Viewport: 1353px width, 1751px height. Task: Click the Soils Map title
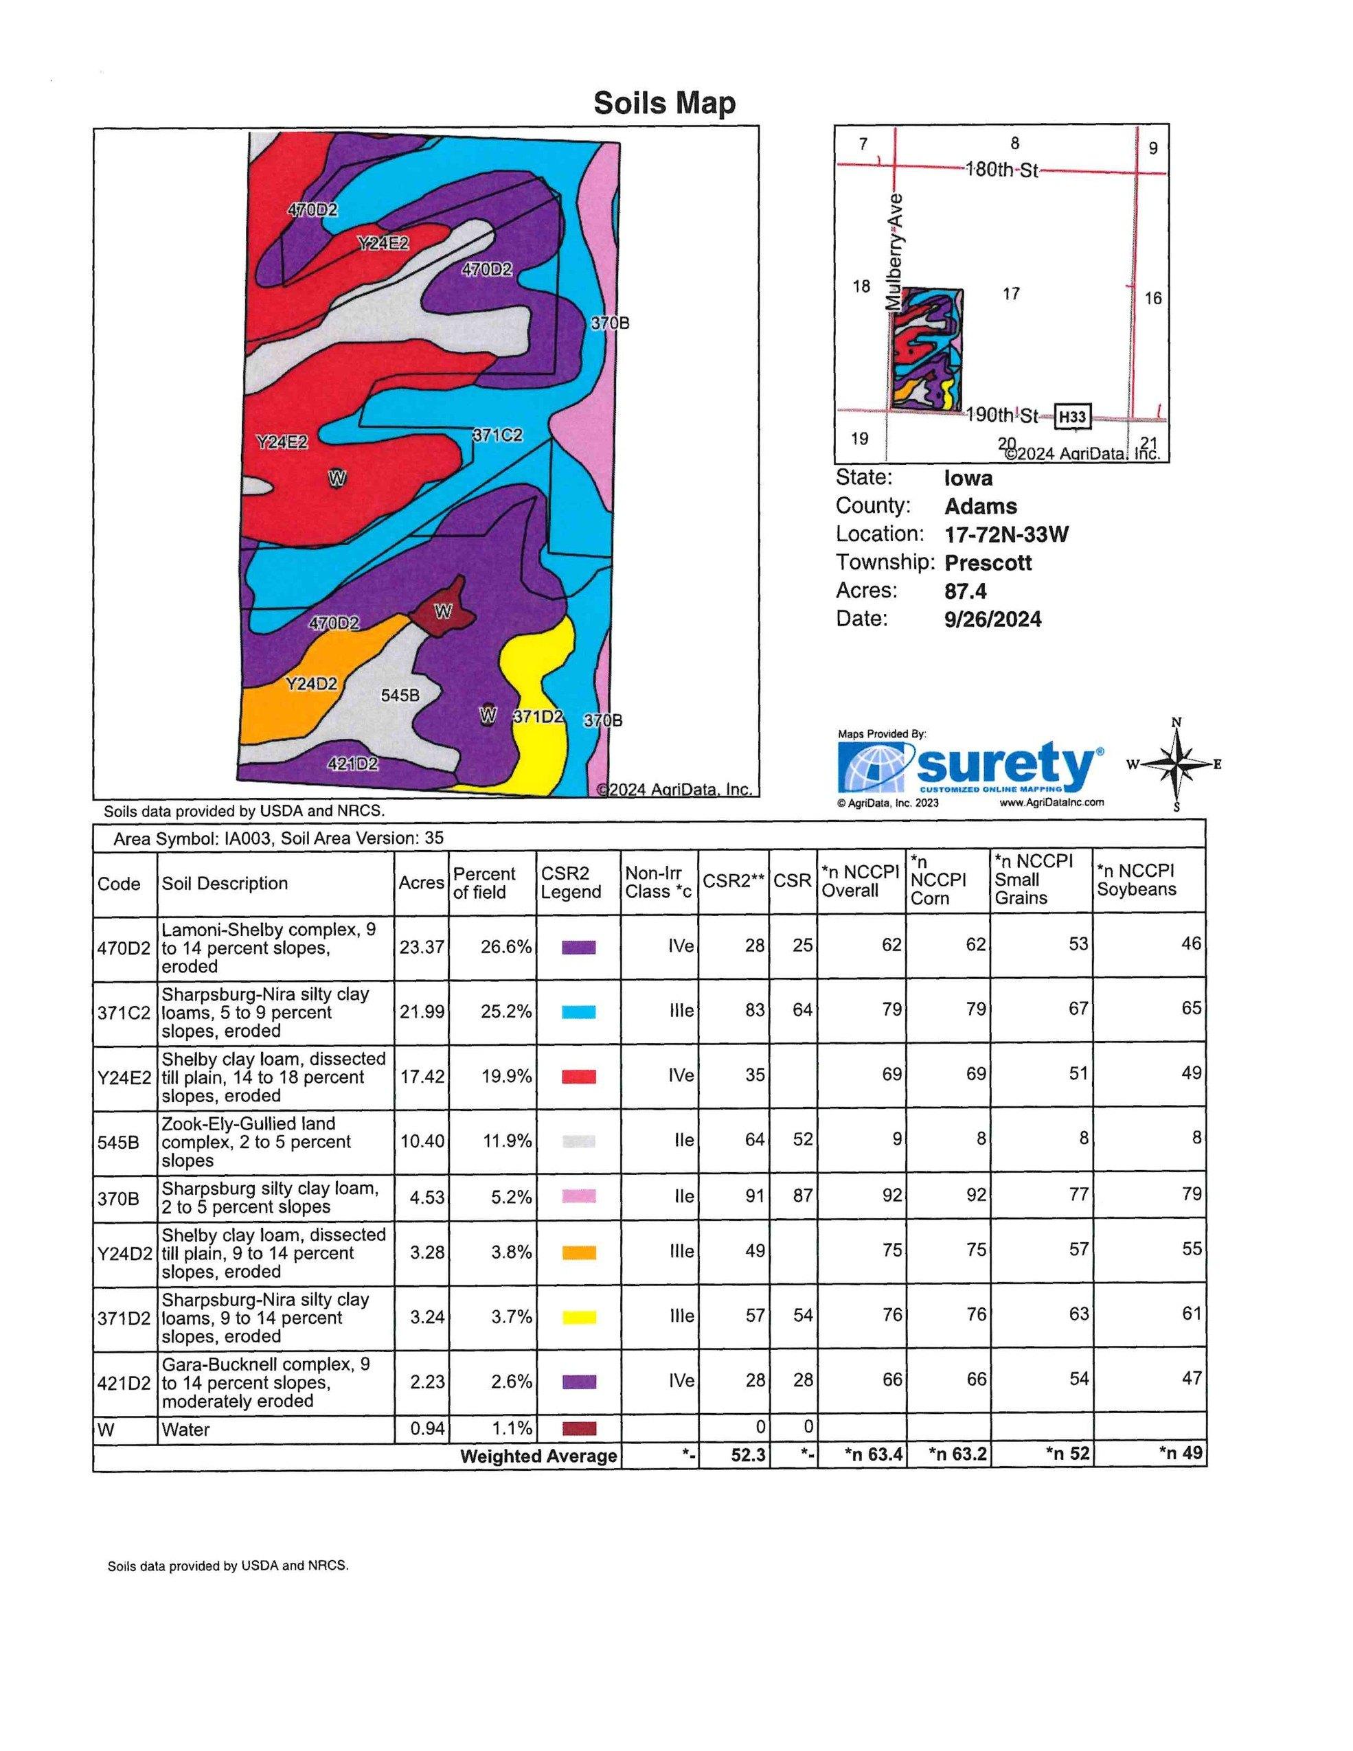pyautogui.click(x=664, y=104)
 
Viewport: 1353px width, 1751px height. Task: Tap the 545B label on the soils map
pyautogui.click(x=400, y=695)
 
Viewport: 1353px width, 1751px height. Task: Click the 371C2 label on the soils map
pyautogui.click(x=497, y=435)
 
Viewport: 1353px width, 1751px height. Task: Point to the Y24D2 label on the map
pyautogui.click(x=311, y=684)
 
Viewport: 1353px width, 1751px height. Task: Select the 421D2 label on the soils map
pyautogui.click(x=353, y=764)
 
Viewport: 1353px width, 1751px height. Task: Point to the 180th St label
pyautogui.click(x=1002, y=170)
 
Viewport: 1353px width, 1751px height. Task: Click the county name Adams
pyautogui.click(x=980, y=507)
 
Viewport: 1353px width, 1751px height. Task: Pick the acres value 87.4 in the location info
pyautogui.click(x=966, y=591)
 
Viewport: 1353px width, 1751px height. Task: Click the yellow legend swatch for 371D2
pyautogui.click(x=578, y=1316)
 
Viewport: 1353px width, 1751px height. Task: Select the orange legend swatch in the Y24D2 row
pyautogui.click(x=578, y=1252)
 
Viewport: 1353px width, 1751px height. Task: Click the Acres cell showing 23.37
pyautogui.click(x=421, y=947)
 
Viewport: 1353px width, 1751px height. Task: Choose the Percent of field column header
pyautogui.click(x=484, y=883)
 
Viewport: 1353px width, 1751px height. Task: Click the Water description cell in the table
pyautogui.click(x=186, y=1429)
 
